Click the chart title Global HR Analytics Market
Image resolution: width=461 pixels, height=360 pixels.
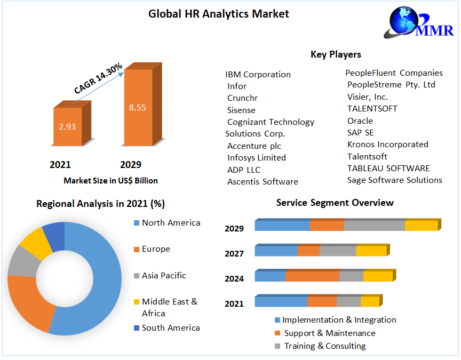[219, 14]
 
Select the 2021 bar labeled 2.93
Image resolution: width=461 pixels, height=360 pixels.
[68, 127]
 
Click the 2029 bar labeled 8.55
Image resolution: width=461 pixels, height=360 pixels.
[138, 107]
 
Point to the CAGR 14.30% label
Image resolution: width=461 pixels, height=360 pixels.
[98, 79]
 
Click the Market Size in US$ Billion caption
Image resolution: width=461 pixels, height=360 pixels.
[110, 180]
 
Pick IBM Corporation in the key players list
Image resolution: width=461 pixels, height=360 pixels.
[258, 74]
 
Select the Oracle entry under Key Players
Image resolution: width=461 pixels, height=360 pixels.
[360, 121]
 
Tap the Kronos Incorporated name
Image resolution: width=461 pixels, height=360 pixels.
[387, 144]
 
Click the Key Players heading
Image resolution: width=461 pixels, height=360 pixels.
[336, 54]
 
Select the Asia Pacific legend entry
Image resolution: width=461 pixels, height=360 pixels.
[164, 275]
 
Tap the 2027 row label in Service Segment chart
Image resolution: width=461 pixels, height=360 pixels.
[234, 253]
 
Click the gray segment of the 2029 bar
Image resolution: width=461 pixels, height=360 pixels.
[374, 225]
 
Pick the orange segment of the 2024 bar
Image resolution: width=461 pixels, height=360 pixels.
[312, 276]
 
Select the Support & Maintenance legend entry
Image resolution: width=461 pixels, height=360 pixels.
[329, 333]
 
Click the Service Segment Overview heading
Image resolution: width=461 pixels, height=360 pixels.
[335, 203]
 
